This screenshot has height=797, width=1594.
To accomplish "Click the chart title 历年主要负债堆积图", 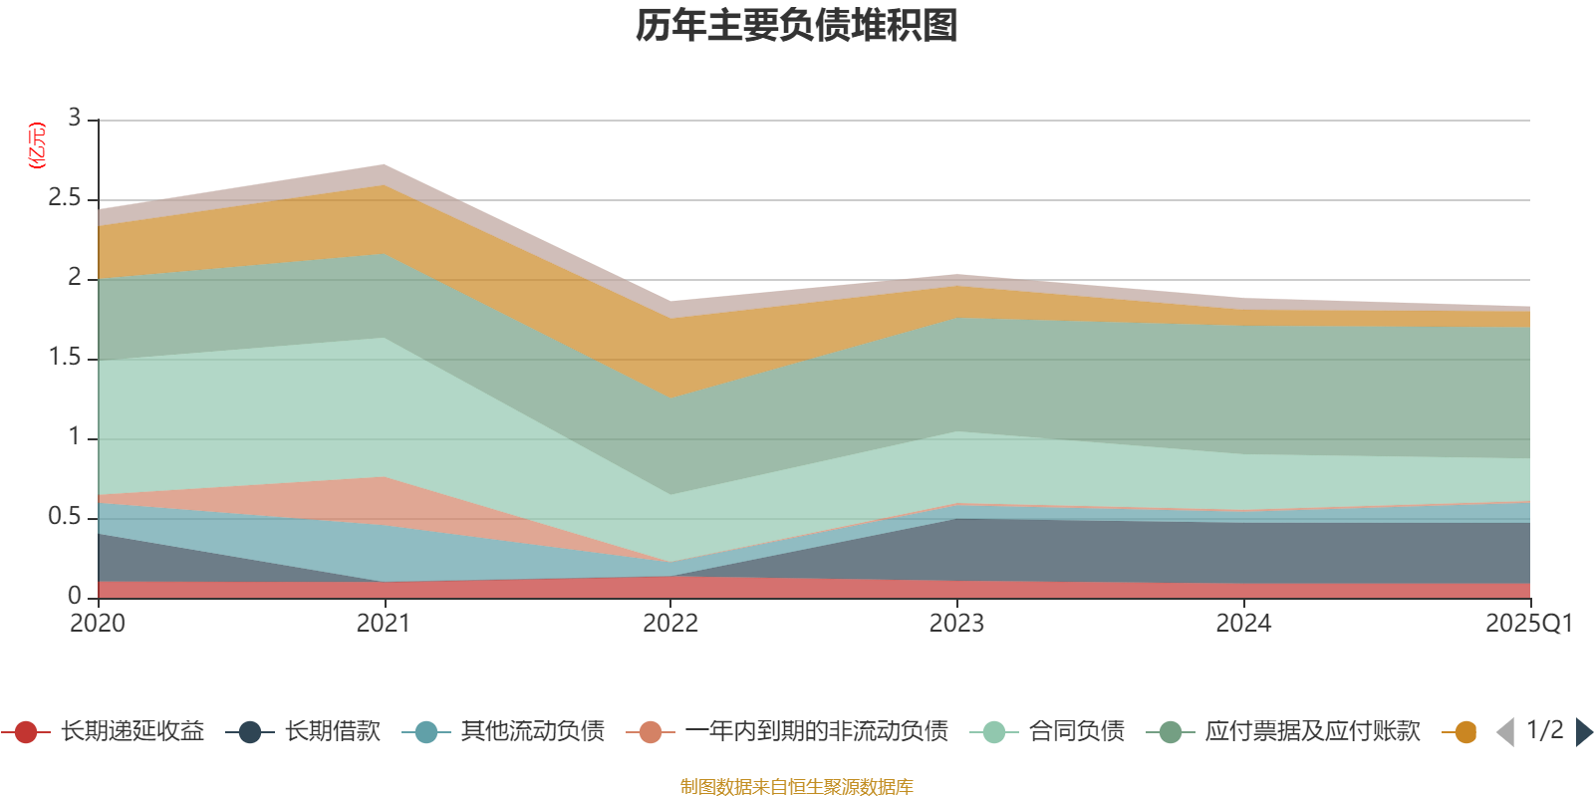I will coord(797,26).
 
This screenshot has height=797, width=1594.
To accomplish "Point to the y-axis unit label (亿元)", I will coord(37,145).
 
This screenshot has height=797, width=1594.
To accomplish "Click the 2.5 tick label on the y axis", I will coord(65,198).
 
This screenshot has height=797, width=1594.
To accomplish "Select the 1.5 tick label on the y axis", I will coord(65,358).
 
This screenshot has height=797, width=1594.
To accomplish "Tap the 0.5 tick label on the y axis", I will coord(65,517).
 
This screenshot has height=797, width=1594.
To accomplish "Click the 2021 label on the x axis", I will coord(384,624).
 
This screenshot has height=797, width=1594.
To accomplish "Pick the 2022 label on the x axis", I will coord(669,624).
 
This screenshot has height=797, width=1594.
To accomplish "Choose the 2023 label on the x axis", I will coord(956,624).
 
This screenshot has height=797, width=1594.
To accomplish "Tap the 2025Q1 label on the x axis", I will coord(1528,624).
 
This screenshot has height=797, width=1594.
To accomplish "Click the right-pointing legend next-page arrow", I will coord(1584,732).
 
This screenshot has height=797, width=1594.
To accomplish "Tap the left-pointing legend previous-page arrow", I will coord(1505,732).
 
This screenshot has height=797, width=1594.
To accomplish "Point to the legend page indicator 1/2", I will coord(1544,730).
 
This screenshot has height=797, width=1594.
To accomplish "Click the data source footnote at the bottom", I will coord(797,787).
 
